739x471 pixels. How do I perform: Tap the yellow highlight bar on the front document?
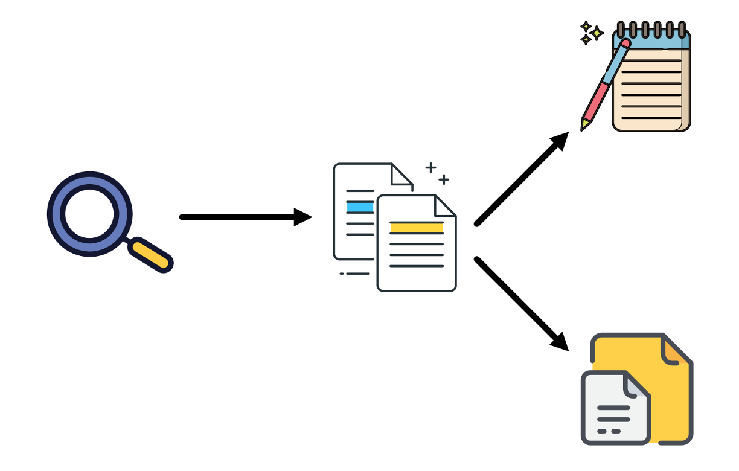click(417, 228)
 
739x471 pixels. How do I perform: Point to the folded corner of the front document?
click(445, 206)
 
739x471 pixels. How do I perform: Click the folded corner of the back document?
click(401, 175)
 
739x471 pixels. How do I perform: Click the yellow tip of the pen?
click(584, 125)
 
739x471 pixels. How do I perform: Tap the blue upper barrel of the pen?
click(615, 63)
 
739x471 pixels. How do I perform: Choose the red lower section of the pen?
click(595, 100)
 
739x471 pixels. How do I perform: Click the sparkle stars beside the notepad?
click(590, 33)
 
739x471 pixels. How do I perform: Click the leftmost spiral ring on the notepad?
click(620, 29)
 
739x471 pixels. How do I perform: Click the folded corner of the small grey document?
click(638, 385)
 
